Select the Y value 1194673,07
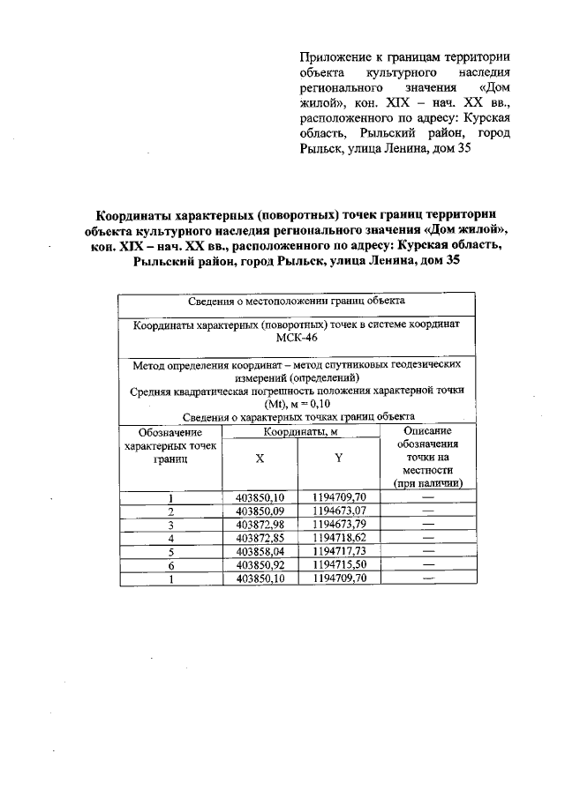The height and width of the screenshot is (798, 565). tap(339, 511)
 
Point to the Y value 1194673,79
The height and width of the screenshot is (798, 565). tap(339, 525)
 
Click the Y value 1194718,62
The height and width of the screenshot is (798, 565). tap(339, 538)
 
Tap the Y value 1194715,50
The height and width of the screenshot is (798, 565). tap(339, 565)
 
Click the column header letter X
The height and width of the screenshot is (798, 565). tap(260, 459)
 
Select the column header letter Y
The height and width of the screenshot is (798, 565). tap(339, 459)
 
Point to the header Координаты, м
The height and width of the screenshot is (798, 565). tap(301, 432)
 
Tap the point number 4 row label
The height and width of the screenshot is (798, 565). tap(170, 538)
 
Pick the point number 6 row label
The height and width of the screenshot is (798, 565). tap(170, 565)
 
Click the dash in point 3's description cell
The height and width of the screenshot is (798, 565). tap(429, 525)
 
